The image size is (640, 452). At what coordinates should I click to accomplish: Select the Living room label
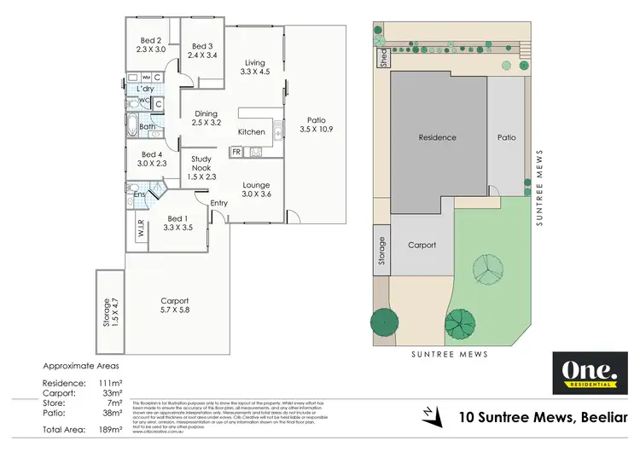point(255,62)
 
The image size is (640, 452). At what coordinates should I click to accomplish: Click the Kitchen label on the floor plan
point(251,132)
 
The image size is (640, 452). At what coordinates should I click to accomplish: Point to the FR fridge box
point(236,152)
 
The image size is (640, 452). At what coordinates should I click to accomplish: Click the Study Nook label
point(201,163)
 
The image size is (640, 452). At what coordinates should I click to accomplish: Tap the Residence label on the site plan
point(437,137)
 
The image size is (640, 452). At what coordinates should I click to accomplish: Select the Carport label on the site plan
point(422,245)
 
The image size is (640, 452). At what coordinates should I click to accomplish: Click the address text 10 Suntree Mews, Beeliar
point(543,417)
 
